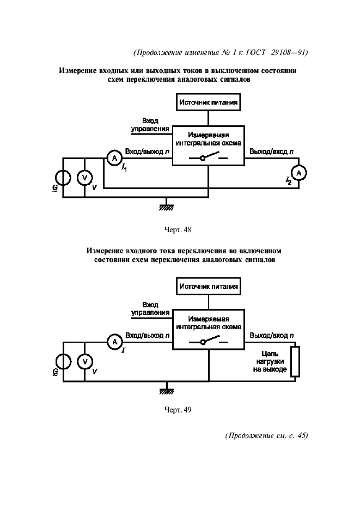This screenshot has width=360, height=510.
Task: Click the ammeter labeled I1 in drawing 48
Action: tap(114, 158)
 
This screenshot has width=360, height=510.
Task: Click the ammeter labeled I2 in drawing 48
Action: tap(298, 172)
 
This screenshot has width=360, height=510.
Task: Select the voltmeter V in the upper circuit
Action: tap(84, 178)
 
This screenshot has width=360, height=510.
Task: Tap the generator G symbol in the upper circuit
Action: tap(63, 178)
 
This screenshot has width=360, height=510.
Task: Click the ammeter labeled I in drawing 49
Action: tap(114, 342)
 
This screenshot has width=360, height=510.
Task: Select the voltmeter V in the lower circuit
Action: tap(84, 361)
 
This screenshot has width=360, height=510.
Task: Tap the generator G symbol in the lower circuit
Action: tap(63, 361)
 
